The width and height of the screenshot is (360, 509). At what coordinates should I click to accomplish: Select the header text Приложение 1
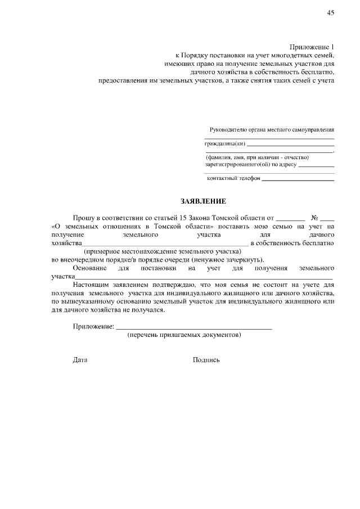point(312,47)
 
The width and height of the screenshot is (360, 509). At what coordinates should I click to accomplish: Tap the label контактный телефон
point(233,178)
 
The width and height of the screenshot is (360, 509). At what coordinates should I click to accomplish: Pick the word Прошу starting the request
point(83,217)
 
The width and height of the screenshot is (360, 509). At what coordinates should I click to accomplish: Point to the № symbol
point(315,217)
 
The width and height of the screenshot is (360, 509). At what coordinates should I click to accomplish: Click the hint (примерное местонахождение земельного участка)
point(166,251)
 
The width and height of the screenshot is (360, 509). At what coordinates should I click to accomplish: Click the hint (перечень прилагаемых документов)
point(185,335)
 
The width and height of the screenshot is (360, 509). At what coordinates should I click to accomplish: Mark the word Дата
point(80,360)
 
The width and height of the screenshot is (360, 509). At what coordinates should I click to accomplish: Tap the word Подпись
point(206,360)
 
